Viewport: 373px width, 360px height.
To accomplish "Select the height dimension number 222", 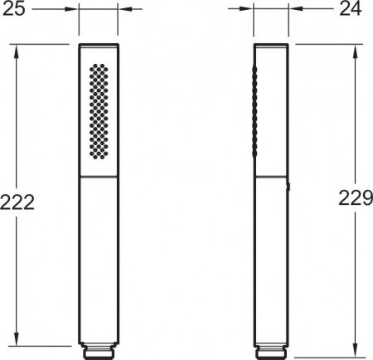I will pos(17,202).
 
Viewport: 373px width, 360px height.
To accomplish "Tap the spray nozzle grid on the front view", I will pos(99,111).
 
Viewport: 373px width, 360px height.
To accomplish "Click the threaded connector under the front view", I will pos(99,349).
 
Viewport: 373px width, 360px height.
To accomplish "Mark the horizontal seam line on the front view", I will pos(99,177).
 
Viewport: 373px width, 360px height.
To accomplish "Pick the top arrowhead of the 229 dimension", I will pos(356,48).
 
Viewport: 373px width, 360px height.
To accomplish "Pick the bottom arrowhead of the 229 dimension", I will pos(356,349).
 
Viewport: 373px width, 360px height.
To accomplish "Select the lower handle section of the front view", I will pos(99,257).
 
